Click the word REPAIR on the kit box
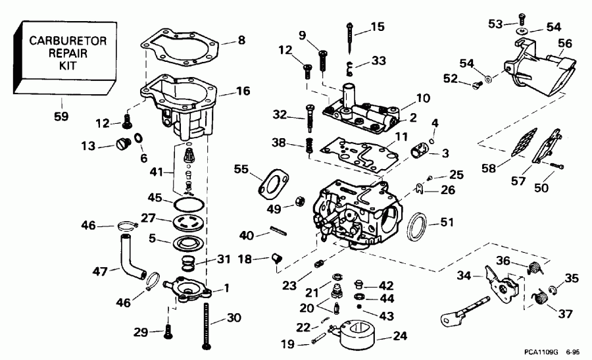pos(55,53)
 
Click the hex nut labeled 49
pos(297,199)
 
